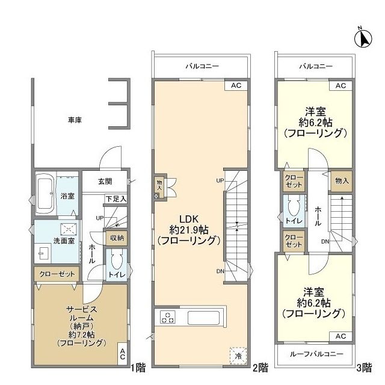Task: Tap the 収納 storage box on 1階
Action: pyautogui.click(x=116, y=238)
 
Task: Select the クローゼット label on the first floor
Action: pyautogui.click(x=57, y=274)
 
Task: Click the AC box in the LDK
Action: pyautogui.click(x=236, y=86)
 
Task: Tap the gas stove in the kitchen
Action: pyautogui.click(x=167, y=318)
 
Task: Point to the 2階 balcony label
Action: pyautogui.click(x=202, y=66)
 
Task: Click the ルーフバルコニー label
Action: pyautogui.click(x=314, y=354)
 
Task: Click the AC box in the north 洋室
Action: pyautogui.click(x=340, y=86)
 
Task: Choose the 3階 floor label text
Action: pyautogui.click(x=364, y=367)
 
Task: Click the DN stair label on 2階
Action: pyautogui.click(x=220, y=271)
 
